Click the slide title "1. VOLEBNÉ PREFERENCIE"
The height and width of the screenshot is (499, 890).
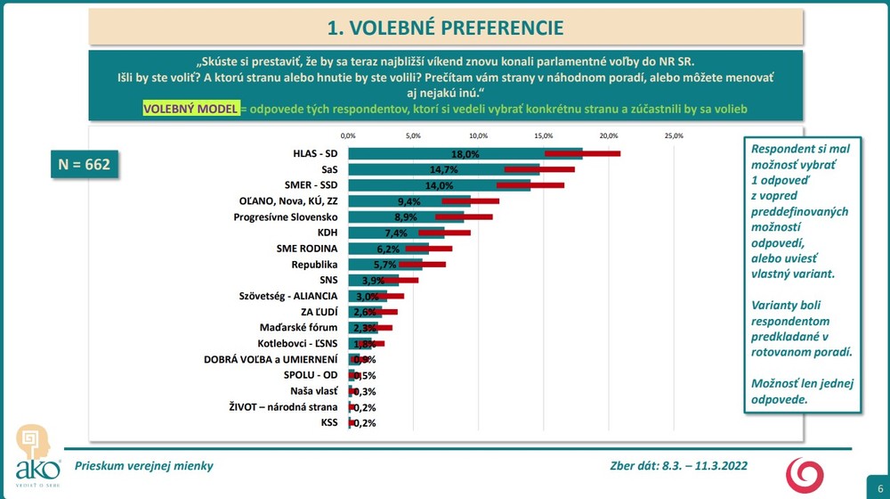[x=446, y=28]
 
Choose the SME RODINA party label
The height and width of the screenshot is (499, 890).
[x=308, y=249]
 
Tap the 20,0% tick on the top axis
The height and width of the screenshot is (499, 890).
[x=609, y=136]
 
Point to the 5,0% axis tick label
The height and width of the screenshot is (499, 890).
[x=413, y=136]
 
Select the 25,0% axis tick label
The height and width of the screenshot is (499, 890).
[x=674, y=136]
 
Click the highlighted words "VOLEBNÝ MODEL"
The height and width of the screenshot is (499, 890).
[x=190, y=109]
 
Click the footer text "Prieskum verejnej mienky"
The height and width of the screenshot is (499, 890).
[x=144, y=466]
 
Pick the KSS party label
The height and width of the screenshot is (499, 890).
[x=329, y=423]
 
